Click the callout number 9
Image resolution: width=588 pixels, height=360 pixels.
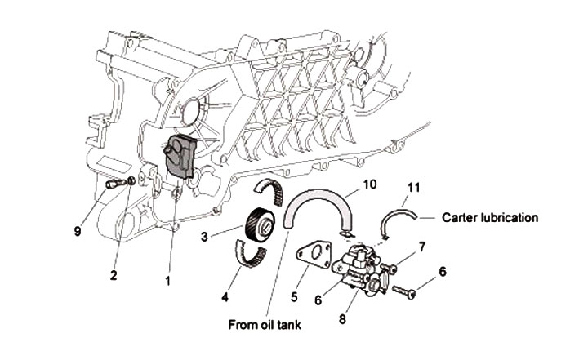tap(78, 231)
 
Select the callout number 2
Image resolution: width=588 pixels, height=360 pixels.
tap(114, 276)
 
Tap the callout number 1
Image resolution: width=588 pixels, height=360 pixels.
tap(167, 280)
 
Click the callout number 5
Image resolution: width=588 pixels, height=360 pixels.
tap(294, 297)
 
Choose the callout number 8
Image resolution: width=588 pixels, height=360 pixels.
tap(342, 319)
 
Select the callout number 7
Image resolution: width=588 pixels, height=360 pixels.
tap(422, 247)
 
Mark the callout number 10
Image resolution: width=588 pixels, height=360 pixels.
tap(370, 184)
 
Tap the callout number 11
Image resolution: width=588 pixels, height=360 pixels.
tap(413, 188)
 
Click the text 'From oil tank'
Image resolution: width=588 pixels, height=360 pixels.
tap(265, 324)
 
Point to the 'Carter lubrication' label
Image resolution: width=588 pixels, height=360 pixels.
tap(490, 217)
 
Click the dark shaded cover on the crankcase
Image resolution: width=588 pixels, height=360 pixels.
tap(180, 156)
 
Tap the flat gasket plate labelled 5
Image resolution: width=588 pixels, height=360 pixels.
tap(314, 255)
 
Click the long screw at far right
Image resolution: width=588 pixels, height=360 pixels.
tap(404, 291)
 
